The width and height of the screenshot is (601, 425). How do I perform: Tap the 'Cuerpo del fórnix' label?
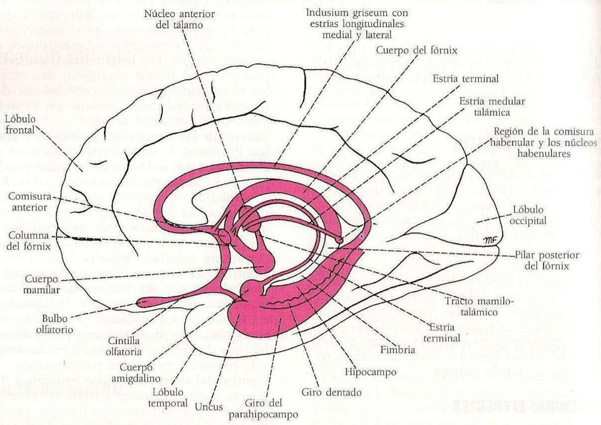coord(418,50)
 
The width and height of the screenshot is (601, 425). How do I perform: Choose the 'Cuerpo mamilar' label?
coord(43,284)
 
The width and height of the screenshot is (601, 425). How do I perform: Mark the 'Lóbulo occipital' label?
coord(529,215)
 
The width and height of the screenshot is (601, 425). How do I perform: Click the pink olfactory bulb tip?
coord(143,303)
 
